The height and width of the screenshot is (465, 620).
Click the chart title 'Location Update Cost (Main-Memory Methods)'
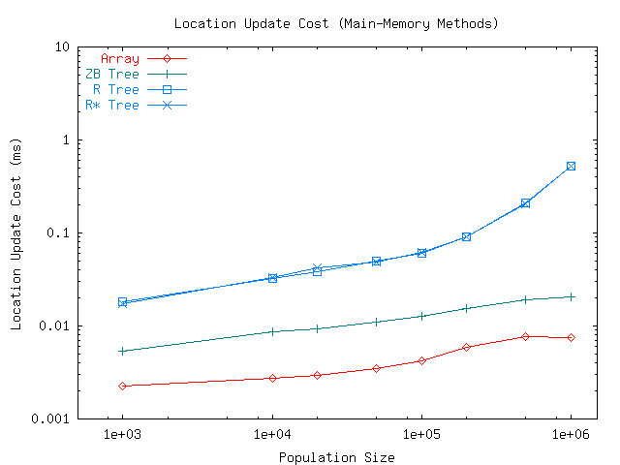click(x=336, y=22)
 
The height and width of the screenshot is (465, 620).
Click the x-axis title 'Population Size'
click(x=336, y=456)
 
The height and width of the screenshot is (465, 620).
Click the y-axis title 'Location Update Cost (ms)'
click(x=16, y=232)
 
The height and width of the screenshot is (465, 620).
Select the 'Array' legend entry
click(x=120, y=58)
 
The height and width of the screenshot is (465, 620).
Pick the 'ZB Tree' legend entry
click(x=112, y=74)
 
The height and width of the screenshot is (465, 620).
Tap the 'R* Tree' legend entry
click(x=112, y=105)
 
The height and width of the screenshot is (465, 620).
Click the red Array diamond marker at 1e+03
click(x=122, y=386)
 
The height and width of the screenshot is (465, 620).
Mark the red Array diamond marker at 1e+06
click(x=571, y=337)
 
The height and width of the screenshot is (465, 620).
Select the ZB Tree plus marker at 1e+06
click(x=571, y=296)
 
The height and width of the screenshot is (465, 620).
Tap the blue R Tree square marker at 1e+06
click(x=571, y=166)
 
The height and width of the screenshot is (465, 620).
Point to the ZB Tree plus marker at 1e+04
click(x=272, y=331)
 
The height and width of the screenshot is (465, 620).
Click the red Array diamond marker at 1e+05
click(x=421, y=360)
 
